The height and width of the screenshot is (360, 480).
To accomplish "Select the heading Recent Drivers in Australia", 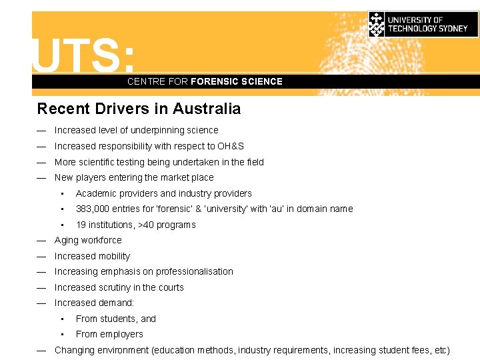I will pos(139,109).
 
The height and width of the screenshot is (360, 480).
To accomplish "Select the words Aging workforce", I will pos(88,240).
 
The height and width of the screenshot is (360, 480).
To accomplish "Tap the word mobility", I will pos(115,256).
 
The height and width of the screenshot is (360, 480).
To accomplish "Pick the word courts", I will pos(170,287).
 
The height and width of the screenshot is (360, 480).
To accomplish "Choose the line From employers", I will pos(109,334).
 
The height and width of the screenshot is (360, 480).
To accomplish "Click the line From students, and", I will pos(116,319).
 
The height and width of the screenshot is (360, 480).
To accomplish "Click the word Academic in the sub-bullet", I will pos(95,193).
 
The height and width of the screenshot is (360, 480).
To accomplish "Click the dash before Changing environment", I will pos(41,350).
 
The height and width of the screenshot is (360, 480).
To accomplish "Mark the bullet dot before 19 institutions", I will pos(61,225).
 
